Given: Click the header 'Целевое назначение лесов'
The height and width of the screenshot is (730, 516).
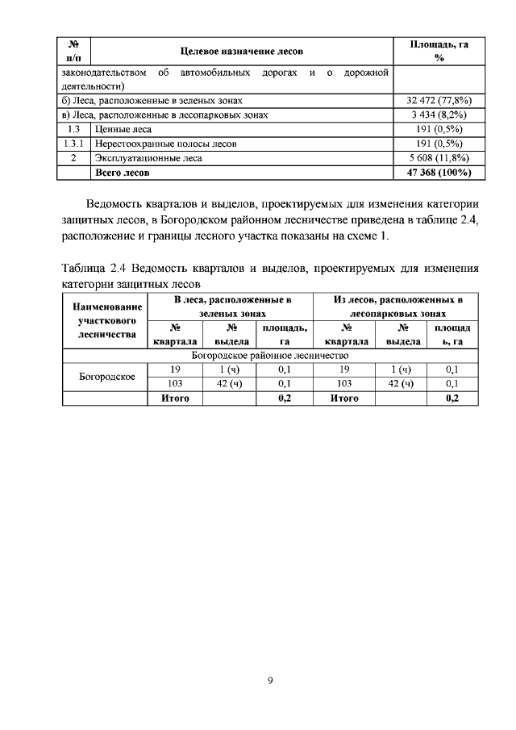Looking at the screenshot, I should [x=242, y=51].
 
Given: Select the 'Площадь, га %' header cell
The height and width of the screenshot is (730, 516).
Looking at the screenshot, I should [x=439, y=51].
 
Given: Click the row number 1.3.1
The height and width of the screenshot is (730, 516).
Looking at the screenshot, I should [x=75, y=144].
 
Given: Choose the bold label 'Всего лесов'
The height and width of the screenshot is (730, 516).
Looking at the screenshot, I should [x=123, y=172].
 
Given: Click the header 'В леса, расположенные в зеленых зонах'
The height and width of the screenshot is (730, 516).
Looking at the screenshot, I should [x=232, y=305].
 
